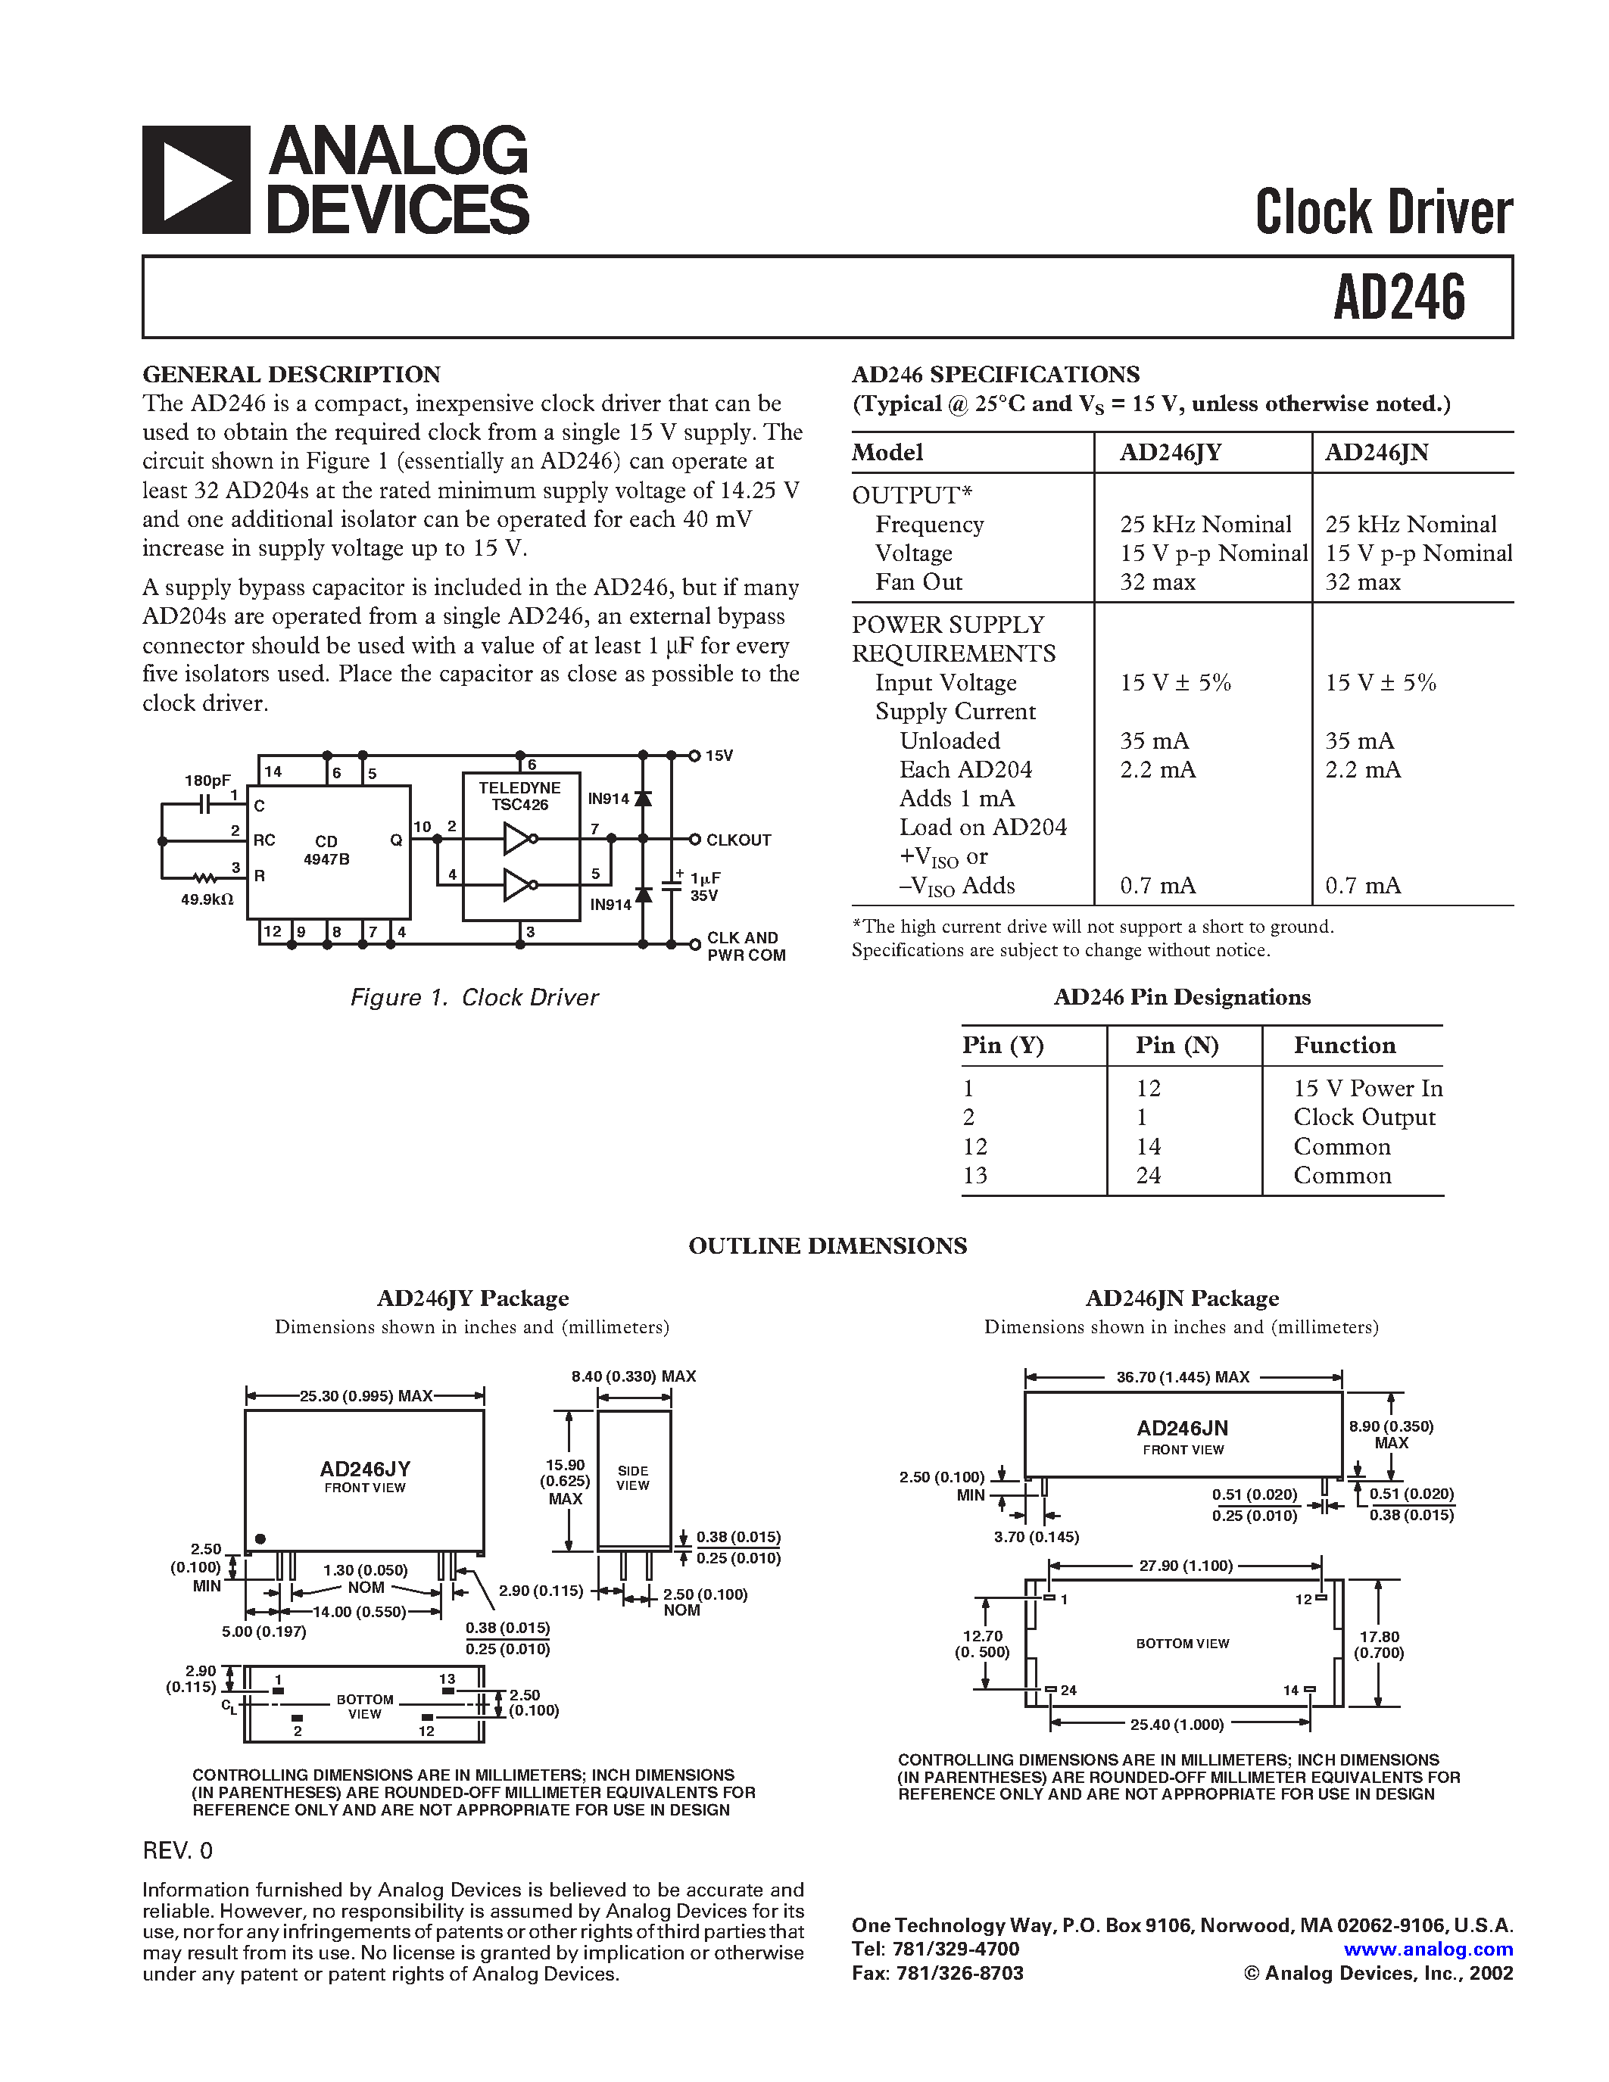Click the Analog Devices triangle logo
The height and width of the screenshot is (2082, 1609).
196,180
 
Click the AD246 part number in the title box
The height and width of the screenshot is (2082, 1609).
1399,298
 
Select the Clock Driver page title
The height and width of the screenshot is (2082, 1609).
1383,212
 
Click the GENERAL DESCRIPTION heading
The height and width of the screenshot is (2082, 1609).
291,374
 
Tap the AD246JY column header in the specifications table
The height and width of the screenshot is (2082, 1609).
1170,452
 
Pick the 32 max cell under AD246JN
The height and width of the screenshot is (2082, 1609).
1362,582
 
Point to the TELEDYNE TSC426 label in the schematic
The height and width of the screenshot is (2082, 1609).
519,796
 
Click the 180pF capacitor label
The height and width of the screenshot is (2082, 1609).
207,781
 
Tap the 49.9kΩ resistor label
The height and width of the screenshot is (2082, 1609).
207,899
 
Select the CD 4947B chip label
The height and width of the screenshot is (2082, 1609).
326,850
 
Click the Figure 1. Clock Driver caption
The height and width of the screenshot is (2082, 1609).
474,997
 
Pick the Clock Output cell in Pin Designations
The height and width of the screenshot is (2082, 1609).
1363,1117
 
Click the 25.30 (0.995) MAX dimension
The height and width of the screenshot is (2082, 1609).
365,1395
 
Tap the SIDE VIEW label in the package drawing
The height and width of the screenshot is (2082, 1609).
632,1478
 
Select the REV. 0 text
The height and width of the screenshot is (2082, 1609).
177,1850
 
